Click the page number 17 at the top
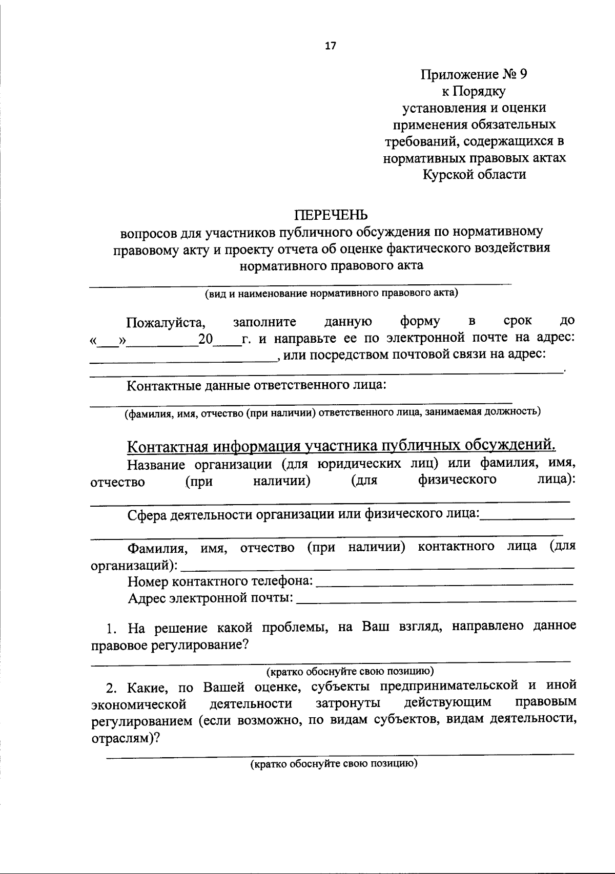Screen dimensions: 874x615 click(x=330, y=46)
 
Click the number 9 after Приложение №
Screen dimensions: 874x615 click(x=523, y=75)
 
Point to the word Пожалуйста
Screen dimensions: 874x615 click(x=166, y=323)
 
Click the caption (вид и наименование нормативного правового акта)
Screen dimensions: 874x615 click(x=331, y=294)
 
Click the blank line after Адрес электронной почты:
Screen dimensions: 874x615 click(x=436, y=600)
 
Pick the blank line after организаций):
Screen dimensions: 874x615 click(x=378, y=567)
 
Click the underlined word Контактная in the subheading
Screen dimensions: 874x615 click(x=160, y=447)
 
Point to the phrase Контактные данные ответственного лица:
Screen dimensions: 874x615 click(x=256, y=385)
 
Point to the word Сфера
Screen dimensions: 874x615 click(x=147, y=515)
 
